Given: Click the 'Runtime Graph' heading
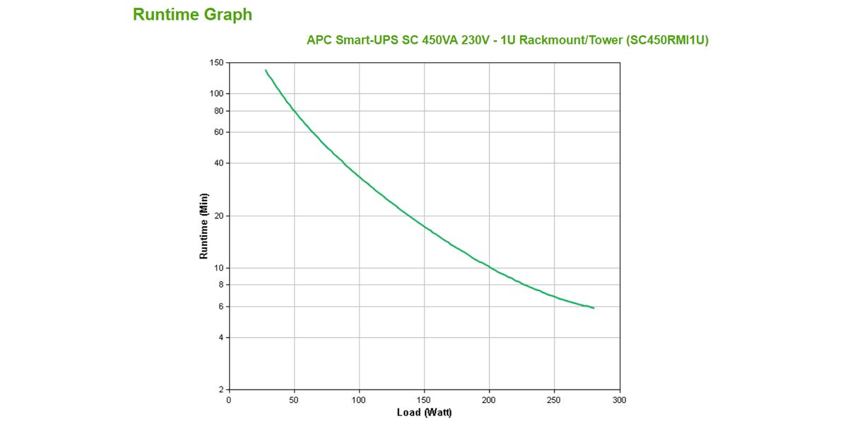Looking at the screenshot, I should coord(192,15).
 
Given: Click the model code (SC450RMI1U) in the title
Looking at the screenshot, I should coord(667,40).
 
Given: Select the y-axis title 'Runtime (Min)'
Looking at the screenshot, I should coord(204,225).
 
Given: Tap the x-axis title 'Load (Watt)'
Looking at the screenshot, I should coord(424,413).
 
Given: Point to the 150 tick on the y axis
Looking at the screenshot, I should coord(216,63).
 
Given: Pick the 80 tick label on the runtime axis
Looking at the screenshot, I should coord(218,111).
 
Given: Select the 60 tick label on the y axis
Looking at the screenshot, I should coord(218,132).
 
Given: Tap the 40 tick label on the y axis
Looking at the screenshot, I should coord(218,163).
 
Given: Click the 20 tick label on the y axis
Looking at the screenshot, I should coord(218,216).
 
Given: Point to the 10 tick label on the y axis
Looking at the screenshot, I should coord(218,268).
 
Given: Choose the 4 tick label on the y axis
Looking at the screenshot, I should coord(220,338).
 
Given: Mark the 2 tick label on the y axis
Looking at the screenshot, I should coord(220,389).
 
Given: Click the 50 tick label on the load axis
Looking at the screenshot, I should coord(294,400).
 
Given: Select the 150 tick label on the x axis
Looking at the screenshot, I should coord(424,400).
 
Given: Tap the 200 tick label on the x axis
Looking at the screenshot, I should coord(489,400).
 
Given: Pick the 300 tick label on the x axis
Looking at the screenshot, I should coord(620,400).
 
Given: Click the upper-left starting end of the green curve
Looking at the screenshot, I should coord(266,70).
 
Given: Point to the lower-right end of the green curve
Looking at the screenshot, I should coord(594,308).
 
